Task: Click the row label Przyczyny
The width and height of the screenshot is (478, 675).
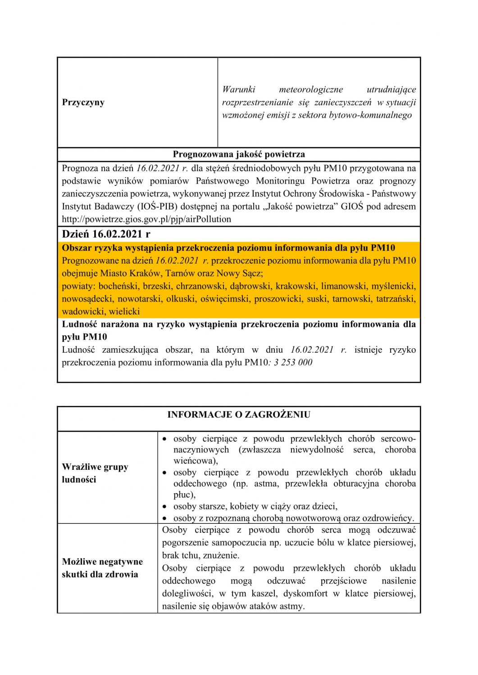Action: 83,102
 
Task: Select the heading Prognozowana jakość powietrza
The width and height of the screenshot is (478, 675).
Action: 239,154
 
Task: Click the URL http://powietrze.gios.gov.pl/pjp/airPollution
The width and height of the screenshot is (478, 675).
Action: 146,219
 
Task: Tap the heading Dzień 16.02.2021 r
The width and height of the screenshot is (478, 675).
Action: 106,234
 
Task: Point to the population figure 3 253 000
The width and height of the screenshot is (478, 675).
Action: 293,363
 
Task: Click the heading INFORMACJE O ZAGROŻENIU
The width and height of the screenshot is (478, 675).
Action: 239,414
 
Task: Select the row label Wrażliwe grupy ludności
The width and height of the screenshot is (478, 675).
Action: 95,473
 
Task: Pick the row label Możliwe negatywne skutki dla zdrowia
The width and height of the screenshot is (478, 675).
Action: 102,568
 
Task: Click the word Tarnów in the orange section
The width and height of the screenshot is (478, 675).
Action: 180,273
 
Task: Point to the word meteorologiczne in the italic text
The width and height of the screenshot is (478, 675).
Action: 311,90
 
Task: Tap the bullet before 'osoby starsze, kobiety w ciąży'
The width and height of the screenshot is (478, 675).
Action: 165,506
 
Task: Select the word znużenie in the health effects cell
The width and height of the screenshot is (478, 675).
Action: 223,555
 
